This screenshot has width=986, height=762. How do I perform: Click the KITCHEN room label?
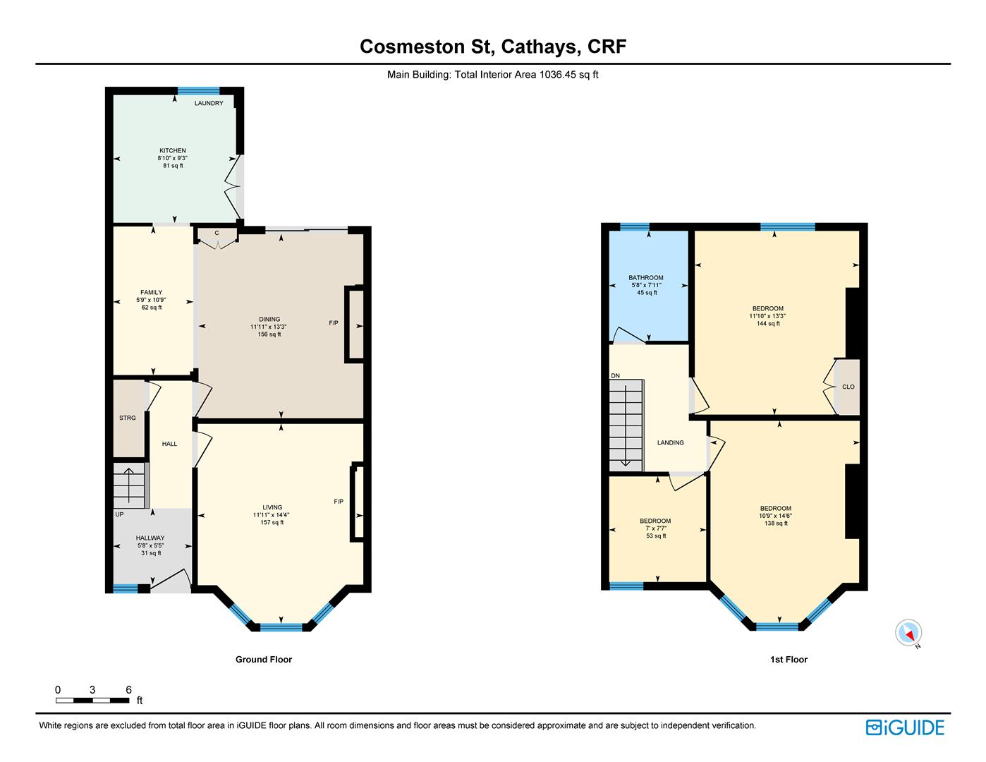coord(172,150)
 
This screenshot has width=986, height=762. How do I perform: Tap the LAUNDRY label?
coord(209,103)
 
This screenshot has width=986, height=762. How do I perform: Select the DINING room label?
coord(269,319)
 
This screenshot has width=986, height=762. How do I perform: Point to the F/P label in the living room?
coord(339,502)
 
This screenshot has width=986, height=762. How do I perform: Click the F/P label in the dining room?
coord(334,323)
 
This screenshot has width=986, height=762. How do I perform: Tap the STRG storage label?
coord(128,418)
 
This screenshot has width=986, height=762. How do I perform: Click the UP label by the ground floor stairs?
coord(119,514)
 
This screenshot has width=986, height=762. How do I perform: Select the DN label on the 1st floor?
coord(615,376)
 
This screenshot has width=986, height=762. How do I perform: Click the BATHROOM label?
coord(645,277)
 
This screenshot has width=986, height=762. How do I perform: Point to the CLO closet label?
coord(848,387)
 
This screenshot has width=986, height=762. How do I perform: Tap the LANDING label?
coord(670,442)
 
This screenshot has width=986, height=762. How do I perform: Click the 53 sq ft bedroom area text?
coord(656,536)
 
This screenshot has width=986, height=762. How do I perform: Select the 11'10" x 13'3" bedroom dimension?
coord(767,316)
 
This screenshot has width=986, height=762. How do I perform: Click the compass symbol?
coord(908,632)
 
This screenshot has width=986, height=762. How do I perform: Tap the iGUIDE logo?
coord(905,727)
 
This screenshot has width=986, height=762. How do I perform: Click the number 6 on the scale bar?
coord(128,690)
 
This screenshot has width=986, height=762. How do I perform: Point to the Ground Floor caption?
coord(264,660)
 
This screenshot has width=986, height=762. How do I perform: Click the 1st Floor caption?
coord(789,660)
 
